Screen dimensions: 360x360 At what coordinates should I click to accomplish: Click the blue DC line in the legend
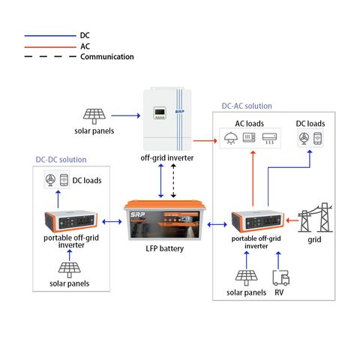(50, 36)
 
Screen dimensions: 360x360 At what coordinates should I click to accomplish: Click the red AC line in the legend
(50, 46)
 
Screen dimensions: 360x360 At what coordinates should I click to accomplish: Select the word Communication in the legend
(107, 57)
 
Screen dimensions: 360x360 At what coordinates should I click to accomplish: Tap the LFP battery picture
(165, 220)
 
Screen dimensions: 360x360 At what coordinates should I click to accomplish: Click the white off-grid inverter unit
(167, 118)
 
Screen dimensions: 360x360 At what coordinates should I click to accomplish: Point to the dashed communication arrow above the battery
(173, 181)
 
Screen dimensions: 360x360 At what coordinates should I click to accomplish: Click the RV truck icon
(281, 277)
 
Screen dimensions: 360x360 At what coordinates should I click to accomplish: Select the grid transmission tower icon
(315, 217)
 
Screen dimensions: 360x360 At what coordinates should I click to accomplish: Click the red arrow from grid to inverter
(292, 220)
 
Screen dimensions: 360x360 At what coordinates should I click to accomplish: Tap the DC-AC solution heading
(247, 106)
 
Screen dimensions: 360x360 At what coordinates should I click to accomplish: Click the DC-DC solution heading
(61, 160)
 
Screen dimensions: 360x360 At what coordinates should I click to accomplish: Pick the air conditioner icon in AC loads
(269, 139)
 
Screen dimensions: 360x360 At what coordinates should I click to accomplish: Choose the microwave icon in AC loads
(249, 137)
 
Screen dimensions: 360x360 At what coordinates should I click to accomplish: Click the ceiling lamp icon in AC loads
(230, 138)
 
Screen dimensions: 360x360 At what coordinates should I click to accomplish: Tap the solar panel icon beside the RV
(246, 277)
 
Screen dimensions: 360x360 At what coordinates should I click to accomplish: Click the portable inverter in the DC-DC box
(71, 221)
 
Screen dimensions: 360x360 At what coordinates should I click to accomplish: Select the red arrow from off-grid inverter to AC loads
(205, 141)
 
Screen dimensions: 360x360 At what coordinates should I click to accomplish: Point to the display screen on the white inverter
(160, 112)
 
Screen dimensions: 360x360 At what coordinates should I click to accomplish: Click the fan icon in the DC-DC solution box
(50, 179)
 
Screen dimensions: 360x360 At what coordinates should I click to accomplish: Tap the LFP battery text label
(165, 248)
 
